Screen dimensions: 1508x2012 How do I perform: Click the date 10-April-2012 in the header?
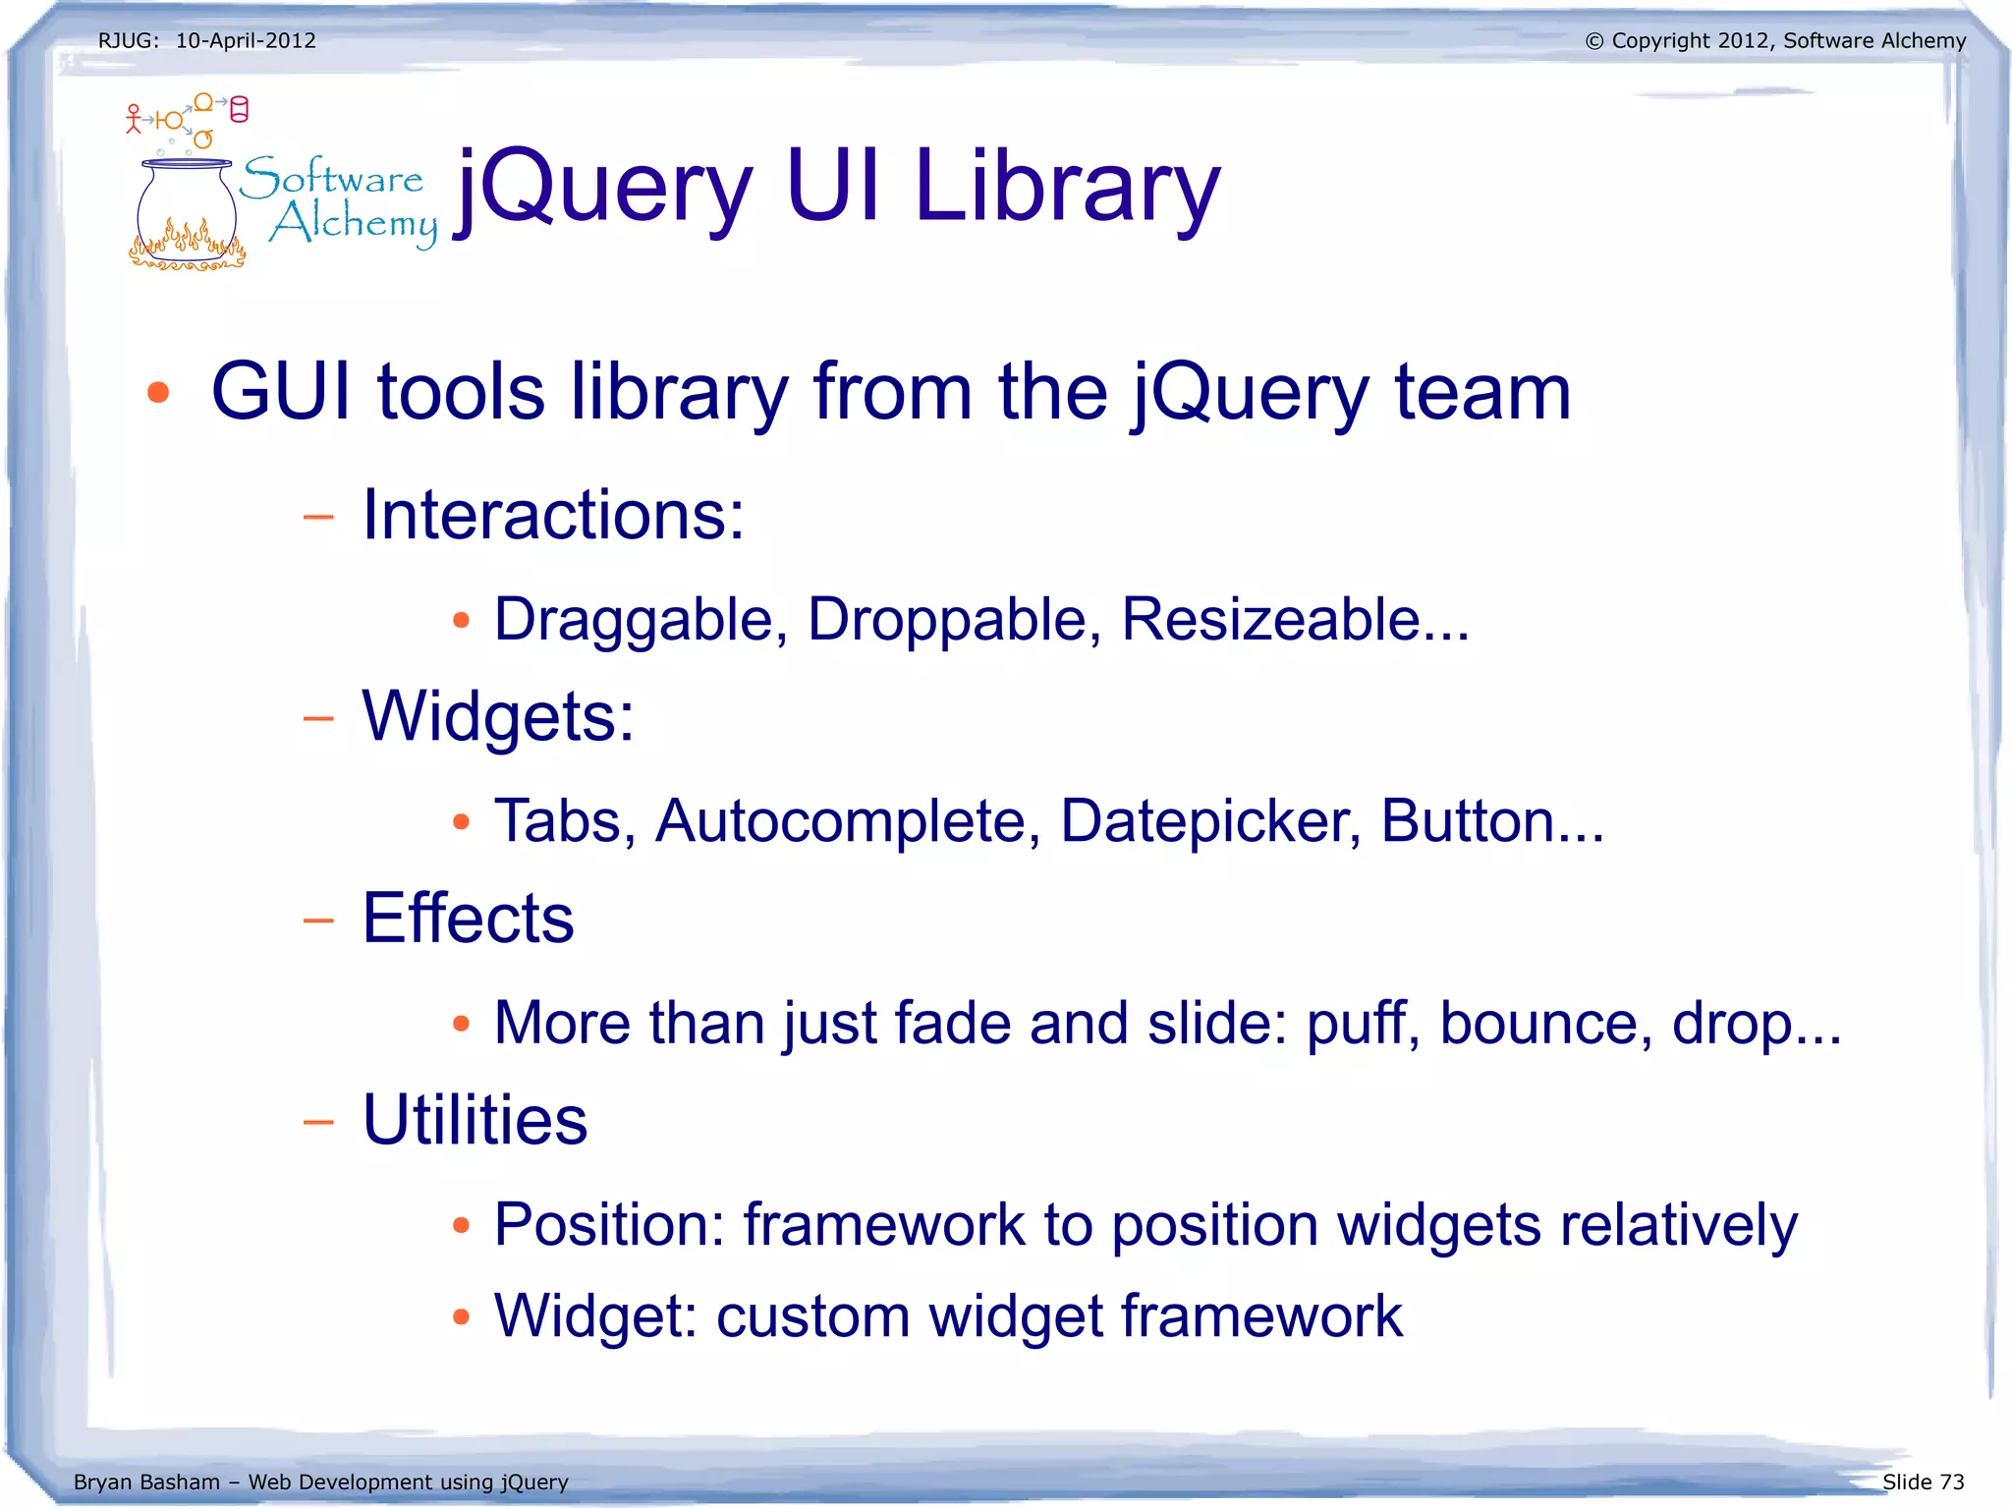[x=246, y=41]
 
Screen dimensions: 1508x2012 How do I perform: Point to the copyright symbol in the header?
[x=1593, y=41]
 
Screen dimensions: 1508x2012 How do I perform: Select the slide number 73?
[x=1952, y=1481]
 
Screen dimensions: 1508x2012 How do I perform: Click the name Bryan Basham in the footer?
[x=146, y=1481]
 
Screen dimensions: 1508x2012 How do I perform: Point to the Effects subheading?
[x=468, y=919]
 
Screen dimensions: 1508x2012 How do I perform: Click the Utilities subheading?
[x=475, y=1120]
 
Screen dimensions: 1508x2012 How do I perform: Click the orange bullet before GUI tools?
[x=158, y=394]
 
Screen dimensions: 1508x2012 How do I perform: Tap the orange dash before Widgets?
[x=318, y=718]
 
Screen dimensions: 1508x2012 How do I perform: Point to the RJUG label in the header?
[x=127, y=41]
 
